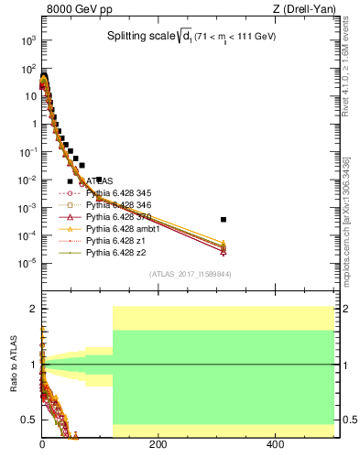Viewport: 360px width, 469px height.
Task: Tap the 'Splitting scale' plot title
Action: tap(189, 36)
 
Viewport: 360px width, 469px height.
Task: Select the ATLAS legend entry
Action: tap(104, 181)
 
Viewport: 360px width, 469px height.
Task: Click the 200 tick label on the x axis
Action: tap(158, 444)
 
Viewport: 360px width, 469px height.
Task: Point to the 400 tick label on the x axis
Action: tap(275, 444)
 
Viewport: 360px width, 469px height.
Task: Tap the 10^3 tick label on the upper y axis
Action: tap(29, 41)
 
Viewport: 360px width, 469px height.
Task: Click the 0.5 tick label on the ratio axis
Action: tap(29, 420)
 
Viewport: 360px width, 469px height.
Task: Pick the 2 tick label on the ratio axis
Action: tap(33, 309)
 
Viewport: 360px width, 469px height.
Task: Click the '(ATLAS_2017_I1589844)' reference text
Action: tap(189, 274)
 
